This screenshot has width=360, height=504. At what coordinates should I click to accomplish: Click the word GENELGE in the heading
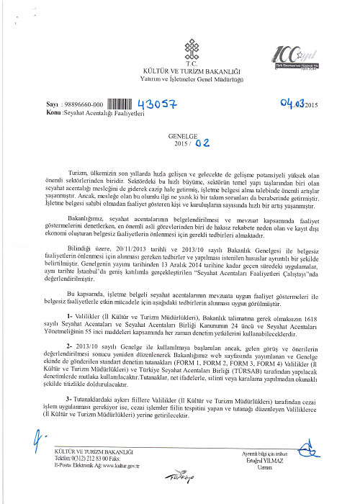pyautogui.click(x=181, y=135)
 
